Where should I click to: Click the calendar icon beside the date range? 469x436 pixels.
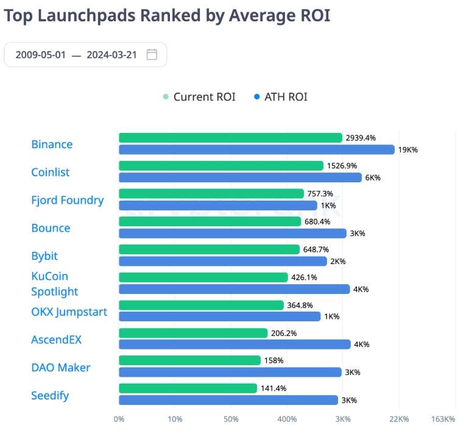tap(152, 54)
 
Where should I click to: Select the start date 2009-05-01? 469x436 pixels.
tap(40, 54)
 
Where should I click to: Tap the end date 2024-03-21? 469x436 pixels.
tap(111, 54)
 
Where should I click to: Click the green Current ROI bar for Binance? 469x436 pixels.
tap(230, 138)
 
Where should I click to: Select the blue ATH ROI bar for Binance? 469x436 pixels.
tap(256, 149)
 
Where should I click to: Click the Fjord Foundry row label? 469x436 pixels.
tap(68, 200)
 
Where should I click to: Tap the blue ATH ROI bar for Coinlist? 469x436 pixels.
tap(240, 177)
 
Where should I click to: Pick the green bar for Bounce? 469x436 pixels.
tap(210, 221)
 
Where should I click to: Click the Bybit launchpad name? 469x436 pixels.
tap(44, 256)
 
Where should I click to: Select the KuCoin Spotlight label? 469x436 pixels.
tap(55, 284)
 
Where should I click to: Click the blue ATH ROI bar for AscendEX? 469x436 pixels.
tap(234, 345)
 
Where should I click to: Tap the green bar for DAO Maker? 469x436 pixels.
tap(189, 360)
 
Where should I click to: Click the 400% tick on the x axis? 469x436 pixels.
tap(287, 419)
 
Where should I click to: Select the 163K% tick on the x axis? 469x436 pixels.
tap(443, 419)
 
